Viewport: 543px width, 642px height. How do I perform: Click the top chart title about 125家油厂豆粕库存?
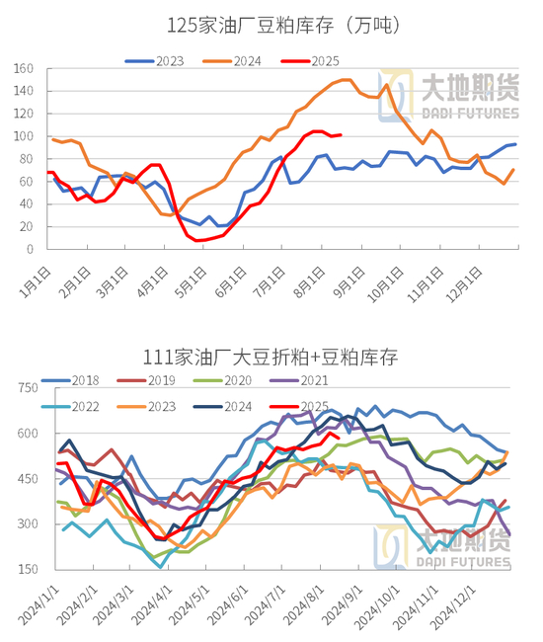283,26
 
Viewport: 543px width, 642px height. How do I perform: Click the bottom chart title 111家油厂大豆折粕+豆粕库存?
271,357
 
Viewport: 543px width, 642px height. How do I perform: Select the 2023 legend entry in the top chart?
155,61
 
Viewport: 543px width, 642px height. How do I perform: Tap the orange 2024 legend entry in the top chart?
232,61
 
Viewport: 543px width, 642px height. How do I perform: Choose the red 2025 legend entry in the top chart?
310,61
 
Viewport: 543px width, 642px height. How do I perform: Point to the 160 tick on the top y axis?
24,69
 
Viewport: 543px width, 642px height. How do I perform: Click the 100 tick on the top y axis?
24,136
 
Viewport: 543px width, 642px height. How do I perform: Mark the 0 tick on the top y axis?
30,249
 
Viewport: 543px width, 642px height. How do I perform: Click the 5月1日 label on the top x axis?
191,281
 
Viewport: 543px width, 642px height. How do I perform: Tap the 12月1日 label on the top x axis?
464,284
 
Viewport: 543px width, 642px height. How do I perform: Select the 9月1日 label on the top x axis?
349,281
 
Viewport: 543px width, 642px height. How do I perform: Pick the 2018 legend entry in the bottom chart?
70,381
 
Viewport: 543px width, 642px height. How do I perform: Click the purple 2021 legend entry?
299,381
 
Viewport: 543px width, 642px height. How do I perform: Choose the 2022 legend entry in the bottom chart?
70,407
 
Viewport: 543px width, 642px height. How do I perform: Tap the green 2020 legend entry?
222,381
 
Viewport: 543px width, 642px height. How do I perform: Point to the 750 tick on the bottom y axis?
28,388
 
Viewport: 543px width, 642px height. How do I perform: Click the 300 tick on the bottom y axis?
28,523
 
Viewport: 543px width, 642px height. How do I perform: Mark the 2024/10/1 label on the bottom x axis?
377,607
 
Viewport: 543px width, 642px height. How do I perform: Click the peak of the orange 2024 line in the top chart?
347,80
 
